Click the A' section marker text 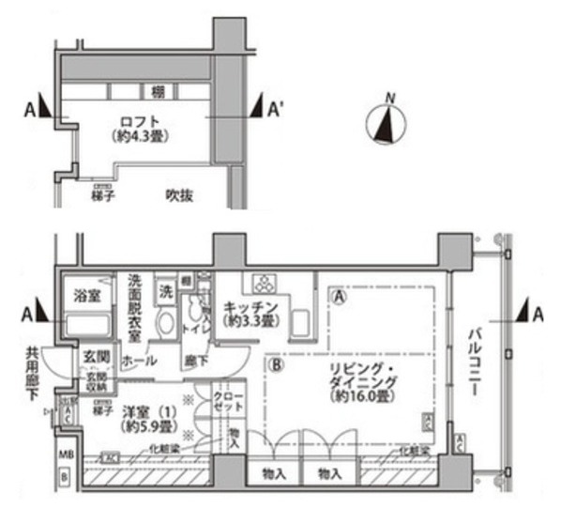tap(276, 111)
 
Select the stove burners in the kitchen tap(263, 284)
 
